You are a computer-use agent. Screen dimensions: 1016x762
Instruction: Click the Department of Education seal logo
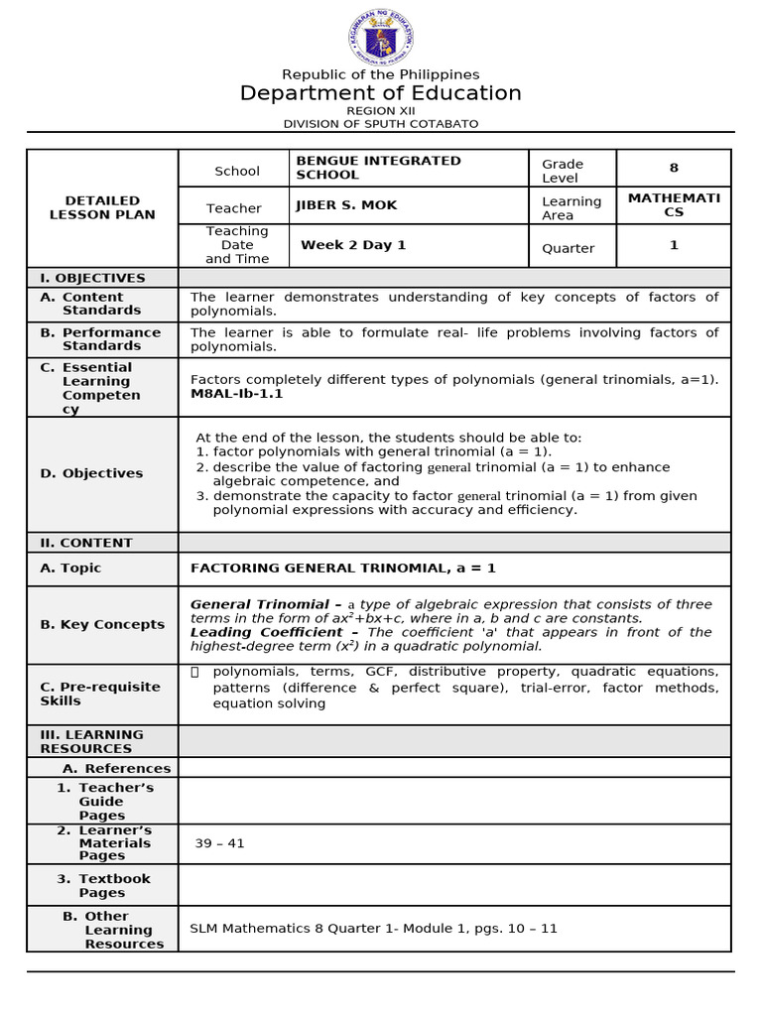point(380,37)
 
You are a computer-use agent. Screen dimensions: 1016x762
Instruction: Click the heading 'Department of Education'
point(380,93)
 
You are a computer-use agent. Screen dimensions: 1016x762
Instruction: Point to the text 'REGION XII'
point(380,111)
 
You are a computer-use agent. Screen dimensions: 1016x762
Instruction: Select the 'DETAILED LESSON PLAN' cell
point(102,207)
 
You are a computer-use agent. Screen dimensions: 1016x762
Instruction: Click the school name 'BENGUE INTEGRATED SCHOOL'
point(378,168)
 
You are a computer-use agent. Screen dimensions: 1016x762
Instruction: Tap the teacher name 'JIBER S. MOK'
point(346,205)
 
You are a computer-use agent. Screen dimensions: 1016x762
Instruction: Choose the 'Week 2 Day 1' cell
point(353,245)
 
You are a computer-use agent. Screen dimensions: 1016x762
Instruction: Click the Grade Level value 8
point(674,169)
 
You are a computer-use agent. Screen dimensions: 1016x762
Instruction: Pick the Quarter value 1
point(674,245)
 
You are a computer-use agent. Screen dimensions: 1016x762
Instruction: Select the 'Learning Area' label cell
point(571,208)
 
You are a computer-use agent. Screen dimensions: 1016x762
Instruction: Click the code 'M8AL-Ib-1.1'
point(236,394)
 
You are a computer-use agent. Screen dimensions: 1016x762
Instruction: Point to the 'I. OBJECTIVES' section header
point(92,278)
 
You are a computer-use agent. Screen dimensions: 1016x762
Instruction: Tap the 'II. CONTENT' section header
point(86,543)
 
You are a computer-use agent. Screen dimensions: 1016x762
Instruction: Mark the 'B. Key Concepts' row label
point(102,624)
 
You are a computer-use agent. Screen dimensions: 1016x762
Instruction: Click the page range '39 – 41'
point(219,843)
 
